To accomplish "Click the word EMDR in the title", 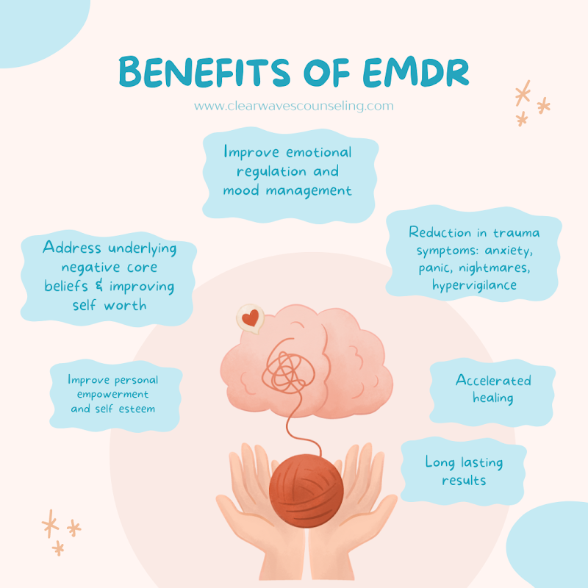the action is click(x=416, y=71).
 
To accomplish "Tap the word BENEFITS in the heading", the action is click(x=204, y=71).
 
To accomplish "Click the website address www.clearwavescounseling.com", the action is click(x=293, y=106).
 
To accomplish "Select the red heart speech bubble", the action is click(x=250, y=318).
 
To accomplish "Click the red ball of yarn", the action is click(x=306, y=490).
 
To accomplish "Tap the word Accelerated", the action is click(x=493, y=380).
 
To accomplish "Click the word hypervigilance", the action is click(x=474, y=285).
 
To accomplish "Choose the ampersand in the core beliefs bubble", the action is click(x=99, y=285).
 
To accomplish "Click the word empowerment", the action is click(x=112, y=395).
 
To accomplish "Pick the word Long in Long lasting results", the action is click(x=440, y=462).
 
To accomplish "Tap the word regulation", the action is click(x=271, y=172).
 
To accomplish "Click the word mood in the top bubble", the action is click(x=241, y=190).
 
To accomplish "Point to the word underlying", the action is click(x=142, y=248).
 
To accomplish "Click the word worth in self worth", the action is click(x=125, y=305).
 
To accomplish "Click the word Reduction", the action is click(x=440, y=232).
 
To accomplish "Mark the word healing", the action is click(x=492, y=398).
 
